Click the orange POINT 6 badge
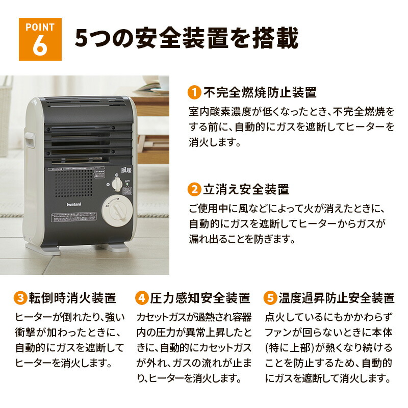pyautogui.click(x=40, y=39)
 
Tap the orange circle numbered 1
pyautogui.click(x=194, y=93)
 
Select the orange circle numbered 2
pyautogui.click(x=194, y=190)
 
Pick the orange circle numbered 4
pyautogui.click(x=141, y=298)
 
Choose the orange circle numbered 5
pyautogui.click(x=270, y=298)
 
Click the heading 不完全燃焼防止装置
pyautogui.click(x=260, y=93)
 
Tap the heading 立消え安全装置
pyautogui.click(x=246, y=190)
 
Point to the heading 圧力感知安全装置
pyautogui.click(x=199, y=298)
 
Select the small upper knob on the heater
pyautogui.click(x=118, y=184)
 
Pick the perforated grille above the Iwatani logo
pyautogui.click(x=74, y=183)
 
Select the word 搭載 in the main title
pyautogui.click(x=275, y=39)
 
